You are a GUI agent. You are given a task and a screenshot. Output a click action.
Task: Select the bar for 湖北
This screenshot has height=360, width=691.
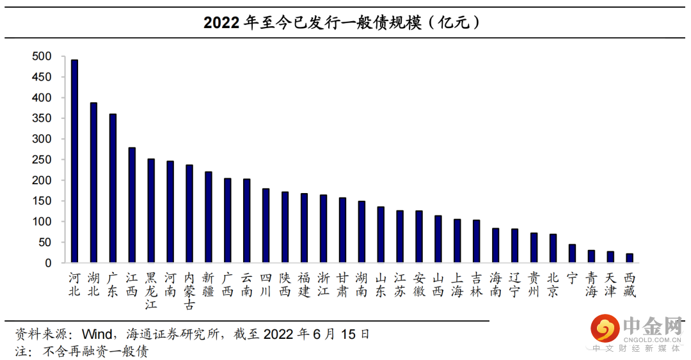click(x=93, y=183)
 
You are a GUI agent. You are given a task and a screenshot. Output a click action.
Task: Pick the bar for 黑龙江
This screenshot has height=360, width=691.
click(x=151, y=211)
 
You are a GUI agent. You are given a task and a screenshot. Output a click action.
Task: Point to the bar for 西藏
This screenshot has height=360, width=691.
click(x=630, y=258)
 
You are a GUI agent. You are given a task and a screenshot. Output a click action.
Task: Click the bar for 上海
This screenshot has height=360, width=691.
click(x=457, y=241)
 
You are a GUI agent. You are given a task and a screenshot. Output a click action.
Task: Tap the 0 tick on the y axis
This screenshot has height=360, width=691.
click(x=48, y=263)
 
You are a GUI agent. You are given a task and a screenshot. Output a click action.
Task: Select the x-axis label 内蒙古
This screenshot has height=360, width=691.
click(x=189, y=291)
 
